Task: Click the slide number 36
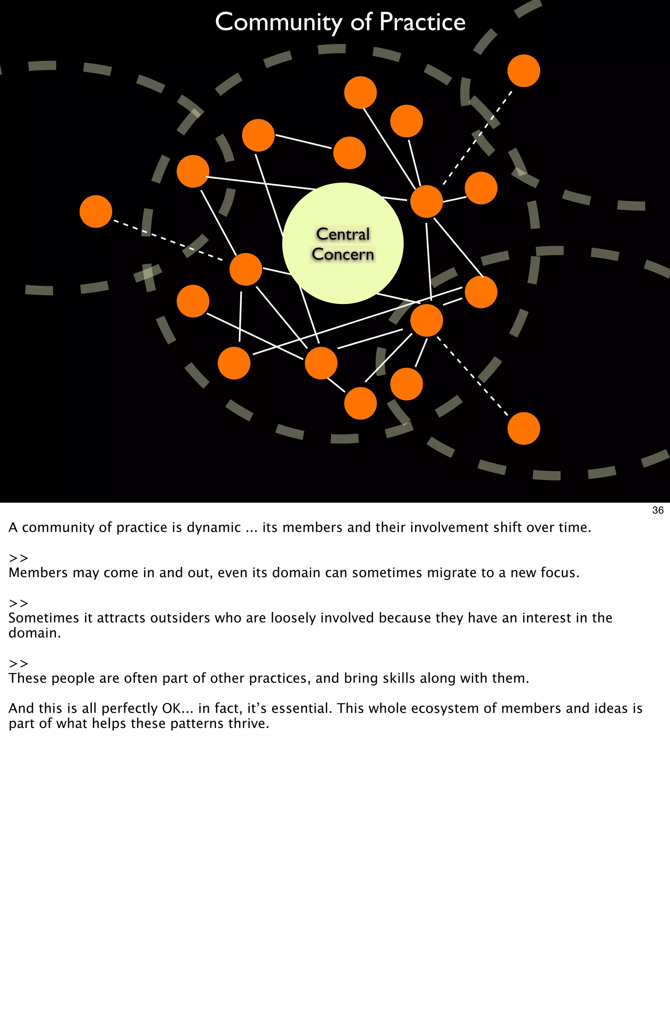(x=658, y=510)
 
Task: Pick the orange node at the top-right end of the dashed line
(x=524, y=71)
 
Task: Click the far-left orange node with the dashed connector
(x=96, y=212)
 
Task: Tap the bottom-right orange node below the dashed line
(x=524, y=429)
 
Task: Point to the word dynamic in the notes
(x=213, y=527)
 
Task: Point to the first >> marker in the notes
(x=18, y=558)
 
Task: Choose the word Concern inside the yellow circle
(x=343, y=254)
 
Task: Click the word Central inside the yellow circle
(x=343, y=234)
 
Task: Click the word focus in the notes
(x=560, y=572)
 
